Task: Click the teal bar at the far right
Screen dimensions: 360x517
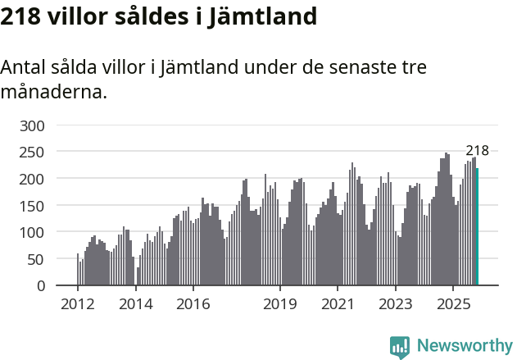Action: tap(477, 227)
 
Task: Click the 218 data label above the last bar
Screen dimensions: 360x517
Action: tap(477, 150)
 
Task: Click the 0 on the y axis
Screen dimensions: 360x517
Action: tap(39, 285)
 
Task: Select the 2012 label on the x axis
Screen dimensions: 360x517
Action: tap(78, 304)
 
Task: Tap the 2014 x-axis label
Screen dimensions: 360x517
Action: tap(135, 304)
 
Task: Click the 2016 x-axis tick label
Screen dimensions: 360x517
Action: tap(193, 304)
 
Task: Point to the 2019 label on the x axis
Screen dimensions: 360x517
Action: tap(279, 304)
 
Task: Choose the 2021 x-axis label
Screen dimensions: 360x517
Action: tap(337, 304)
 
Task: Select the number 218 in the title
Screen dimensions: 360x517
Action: tap(22, 16)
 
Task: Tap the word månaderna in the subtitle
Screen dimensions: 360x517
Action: tap(53, 92)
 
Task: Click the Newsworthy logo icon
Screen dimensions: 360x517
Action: tap(400, 347)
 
